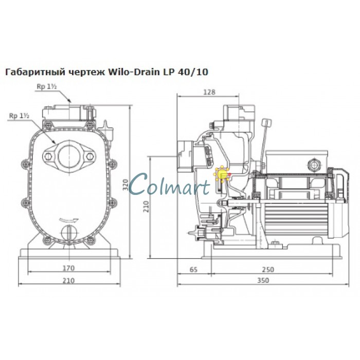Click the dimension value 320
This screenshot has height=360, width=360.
[125, 184]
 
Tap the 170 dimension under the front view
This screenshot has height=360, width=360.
[68, 268]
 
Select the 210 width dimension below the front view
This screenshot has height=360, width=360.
[68, 280]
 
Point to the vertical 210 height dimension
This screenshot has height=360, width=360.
[146, 206]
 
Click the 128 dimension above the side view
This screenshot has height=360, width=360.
[209, 92]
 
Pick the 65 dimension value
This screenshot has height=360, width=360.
[193, 269]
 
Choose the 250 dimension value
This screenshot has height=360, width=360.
[268, 269]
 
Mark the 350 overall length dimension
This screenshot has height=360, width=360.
[263, 280]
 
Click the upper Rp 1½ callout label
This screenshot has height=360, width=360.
[47, 86]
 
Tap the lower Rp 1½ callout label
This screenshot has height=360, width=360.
[19, 116]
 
